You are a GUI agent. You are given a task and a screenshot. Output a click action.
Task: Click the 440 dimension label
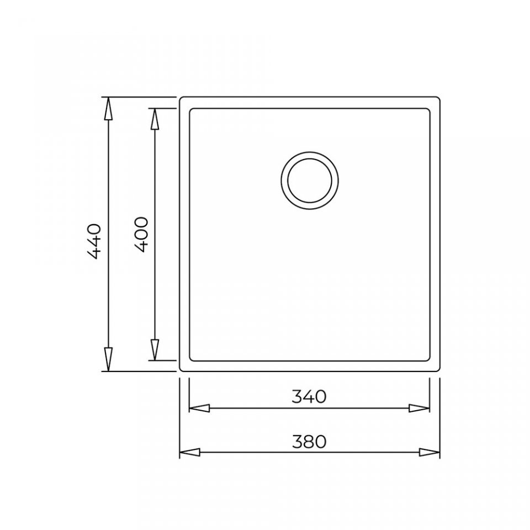pyautogui.click(x=94, y=241)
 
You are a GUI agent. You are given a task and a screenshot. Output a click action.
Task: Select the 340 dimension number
pyautogui.click(x=309, y=396)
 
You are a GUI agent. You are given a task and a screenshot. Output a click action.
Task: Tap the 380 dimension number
pyautogui.click(x=309, y=442)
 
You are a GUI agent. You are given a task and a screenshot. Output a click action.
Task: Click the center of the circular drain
pyautogui.click(x=310, y=181)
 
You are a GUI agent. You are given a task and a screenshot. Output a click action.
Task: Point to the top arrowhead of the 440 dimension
pyautogui.click(x=108, y=109)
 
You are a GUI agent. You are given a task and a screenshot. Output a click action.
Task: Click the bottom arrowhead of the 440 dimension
pyautogui.click(x=108, y=359)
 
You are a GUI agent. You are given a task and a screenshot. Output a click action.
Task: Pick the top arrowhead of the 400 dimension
pyautogui.click(x=155, y=119)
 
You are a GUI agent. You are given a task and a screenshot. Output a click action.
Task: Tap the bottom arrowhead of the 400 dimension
pyautogui.click(x=155, y=349)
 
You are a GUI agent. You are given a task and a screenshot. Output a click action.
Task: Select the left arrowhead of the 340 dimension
pyautogui.click(x=199, y=408)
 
